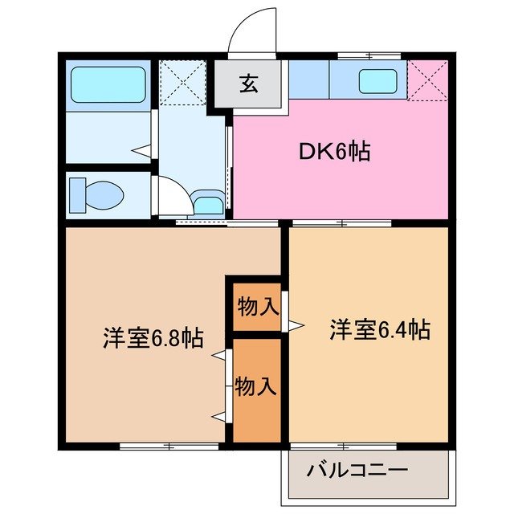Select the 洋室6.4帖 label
(x=380, y=329)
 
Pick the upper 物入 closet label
(x=258, y=307)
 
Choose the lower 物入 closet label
(x=256, y=387)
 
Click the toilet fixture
(x=97, y=194)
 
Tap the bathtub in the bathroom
(x=108, y=85)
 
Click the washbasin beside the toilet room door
(x=207, y=202)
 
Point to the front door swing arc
(x=251, y=31)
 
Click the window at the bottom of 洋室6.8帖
(x=169, y=445)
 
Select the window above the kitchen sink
(x=368, y=56)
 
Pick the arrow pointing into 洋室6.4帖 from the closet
(x=296, y=324)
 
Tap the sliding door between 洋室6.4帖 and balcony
(x=344, y=445)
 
